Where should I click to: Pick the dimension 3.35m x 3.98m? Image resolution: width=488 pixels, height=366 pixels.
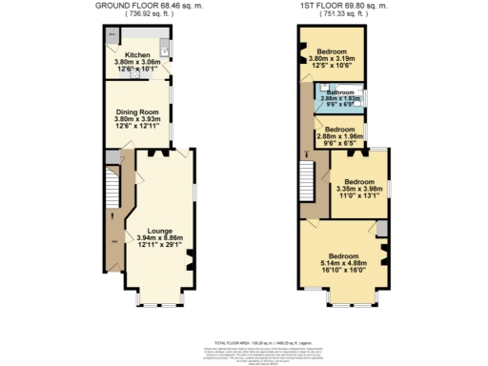pyautogui.click(x=359, y=188)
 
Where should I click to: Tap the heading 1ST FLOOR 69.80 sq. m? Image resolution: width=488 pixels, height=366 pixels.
pyautogui.click(x=345, y=6)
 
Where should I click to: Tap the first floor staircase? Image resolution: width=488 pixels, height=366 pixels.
pyautogui.click(x=308, y=177)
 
